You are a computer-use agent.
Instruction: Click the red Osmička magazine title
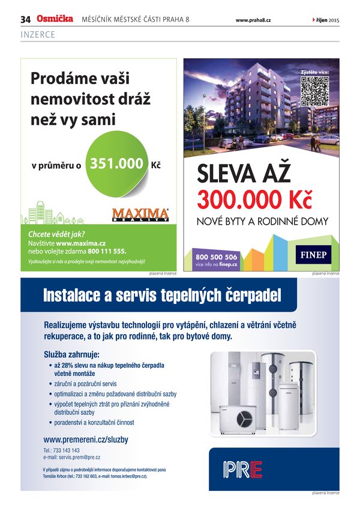pos(55,19)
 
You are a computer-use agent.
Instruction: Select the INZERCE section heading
pos(38,35)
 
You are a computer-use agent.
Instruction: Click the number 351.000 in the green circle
pos(116,163)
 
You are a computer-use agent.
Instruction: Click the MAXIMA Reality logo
pos(141,215)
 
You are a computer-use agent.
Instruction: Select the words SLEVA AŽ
pos(244,174)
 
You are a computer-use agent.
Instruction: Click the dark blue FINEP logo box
pos(313,255)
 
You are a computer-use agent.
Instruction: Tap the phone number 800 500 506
pos(216,257)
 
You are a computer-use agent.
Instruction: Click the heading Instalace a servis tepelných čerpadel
pos(161,296)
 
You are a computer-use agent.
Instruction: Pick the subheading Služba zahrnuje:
pos(71,354)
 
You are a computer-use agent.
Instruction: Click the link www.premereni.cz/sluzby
pos(86,440)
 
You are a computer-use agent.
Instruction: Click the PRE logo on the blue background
pos(242,469)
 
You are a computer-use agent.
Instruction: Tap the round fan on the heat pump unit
pos(245,417)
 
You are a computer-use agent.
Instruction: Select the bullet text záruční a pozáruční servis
pos(85,383)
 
